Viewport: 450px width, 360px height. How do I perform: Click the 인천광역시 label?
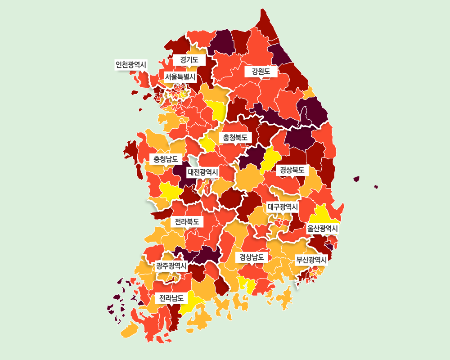tap(131, 65)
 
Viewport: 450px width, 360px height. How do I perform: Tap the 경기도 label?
tap(189, 59)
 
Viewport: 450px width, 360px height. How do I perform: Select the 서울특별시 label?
tap(180, 77)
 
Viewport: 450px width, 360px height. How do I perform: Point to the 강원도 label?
tap(261, 71)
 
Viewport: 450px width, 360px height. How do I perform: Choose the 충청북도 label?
tap(235, 138)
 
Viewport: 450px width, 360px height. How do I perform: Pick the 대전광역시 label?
tap(203, 172)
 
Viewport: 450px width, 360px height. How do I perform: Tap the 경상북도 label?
tap(292, 170)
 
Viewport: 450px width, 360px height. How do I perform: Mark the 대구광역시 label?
tap(283, 207)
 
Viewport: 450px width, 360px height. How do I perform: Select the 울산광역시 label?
tap(322, 229)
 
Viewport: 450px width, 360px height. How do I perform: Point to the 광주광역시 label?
tap(171, 265)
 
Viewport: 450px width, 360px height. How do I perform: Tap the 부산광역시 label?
tap(311, 260)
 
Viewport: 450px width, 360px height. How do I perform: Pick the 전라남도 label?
tap(171, 298)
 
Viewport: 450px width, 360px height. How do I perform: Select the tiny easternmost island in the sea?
tap(376, 187)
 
